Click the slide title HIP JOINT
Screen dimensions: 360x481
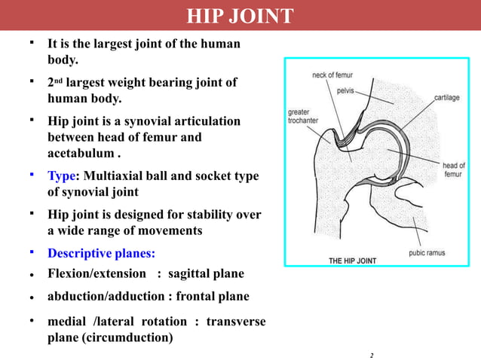point(240,16)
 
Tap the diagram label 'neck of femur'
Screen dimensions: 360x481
point(332,75)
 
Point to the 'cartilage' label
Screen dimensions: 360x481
point(449,97)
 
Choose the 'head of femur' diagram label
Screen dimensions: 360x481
point(453,169)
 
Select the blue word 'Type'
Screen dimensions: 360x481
point(62,175)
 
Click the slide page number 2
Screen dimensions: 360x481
point(372,353)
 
